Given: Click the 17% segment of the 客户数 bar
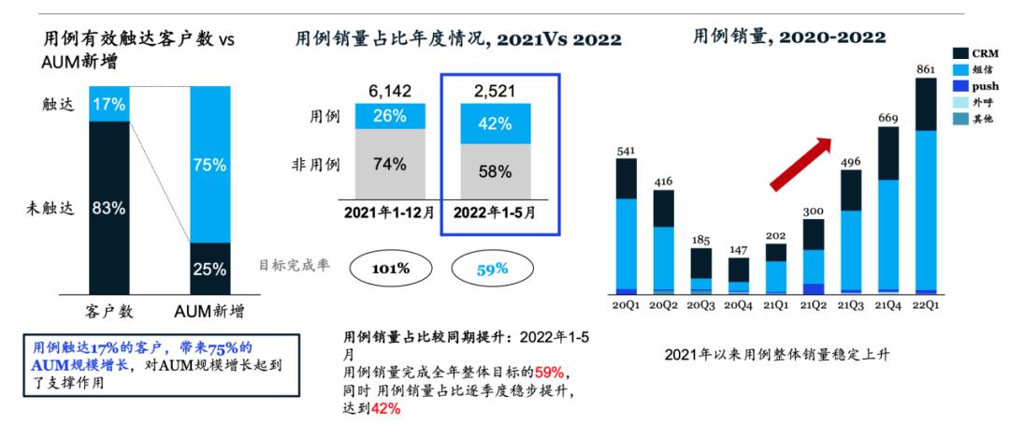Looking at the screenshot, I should (x=109, y=104).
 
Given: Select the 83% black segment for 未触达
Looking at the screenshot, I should (x=109, y=208).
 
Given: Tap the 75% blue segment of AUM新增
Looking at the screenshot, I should (x=210, y=165).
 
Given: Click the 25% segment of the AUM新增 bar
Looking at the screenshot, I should (x=210, y=269).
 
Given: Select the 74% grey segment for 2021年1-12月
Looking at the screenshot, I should (x=388, y=165).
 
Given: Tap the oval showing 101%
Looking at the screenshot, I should (x=391, y=269).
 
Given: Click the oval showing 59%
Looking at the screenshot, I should (x=494, y=269).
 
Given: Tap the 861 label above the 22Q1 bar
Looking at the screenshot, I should (x=926, y=69).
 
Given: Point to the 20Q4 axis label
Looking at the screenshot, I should (x=739, y=306).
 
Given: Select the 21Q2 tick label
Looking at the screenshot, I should (x=814, y=306).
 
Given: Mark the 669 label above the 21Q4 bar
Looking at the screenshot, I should (x=888, y=118).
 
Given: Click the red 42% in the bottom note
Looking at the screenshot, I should (x=384, y=409).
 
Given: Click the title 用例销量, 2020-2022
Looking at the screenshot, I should (x=788, y=37).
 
